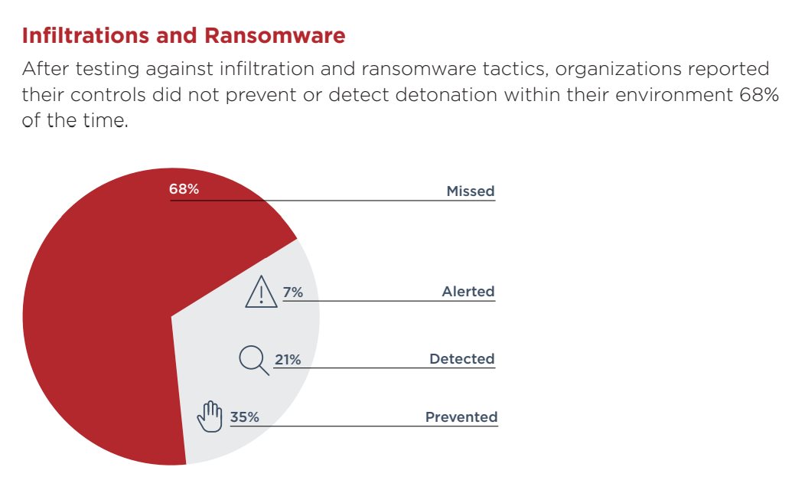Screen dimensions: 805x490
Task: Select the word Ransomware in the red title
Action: pyautogui.click(x=275, y=35)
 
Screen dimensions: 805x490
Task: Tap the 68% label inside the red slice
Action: pyautogui.click(x=184, y=189)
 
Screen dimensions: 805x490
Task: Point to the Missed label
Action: pyautogui.click(x=471, y=191)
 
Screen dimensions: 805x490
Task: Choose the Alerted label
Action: pyautogui.click(x=468, y=291)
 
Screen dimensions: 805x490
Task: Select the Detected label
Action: pyautogui.click(x=462, y=358)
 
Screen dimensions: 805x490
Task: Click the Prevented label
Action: pyautogui.click(x=461, y=416)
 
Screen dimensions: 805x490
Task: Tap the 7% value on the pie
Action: pyautogui.click(x=292, y=292)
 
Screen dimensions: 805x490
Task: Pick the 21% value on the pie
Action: pyautogui.click(x=288, y=360)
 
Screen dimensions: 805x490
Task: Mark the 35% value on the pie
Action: pyautogui.click(x=244, y=417)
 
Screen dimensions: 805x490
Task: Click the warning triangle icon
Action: pyautogui.click(x=261, y=292)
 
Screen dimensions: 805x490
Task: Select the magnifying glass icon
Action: pyautogui.click(x=254, y=361)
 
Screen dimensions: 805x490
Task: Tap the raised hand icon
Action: pyautogui.click(x=210, y=416)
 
